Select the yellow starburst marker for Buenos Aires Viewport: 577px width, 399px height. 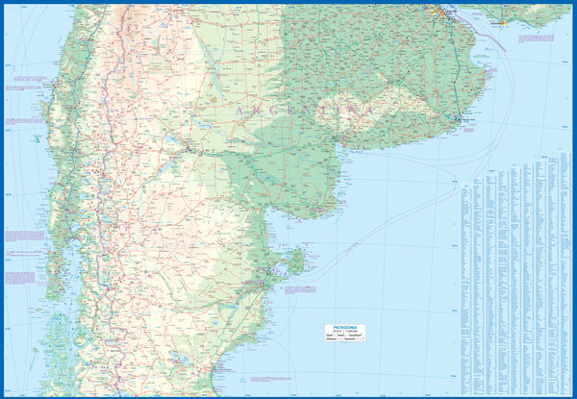[x=441, y=12]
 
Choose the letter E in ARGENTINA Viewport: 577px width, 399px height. [x=280, y=109]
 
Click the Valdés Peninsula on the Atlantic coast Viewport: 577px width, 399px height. [x=295, y=262]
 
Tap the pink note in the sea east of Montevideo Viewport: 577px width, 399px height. [x=535, y=39]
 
